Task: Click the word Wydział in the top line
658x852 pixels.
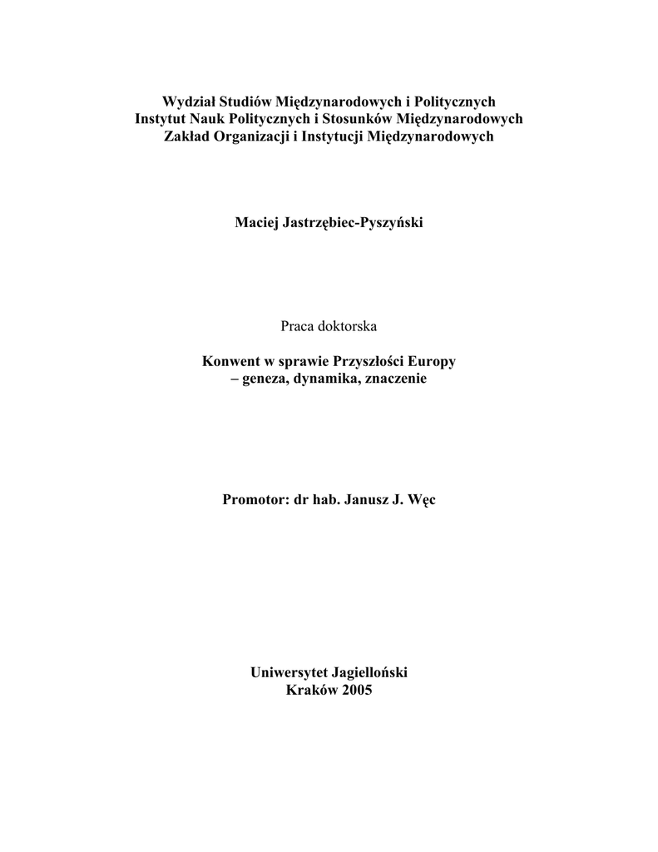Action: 188,102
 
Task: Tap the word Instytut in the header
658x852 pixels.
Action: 161,119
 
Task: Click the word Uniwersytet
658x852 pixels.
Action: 289,672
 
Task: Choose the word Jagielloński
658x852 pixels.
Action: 370,672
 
